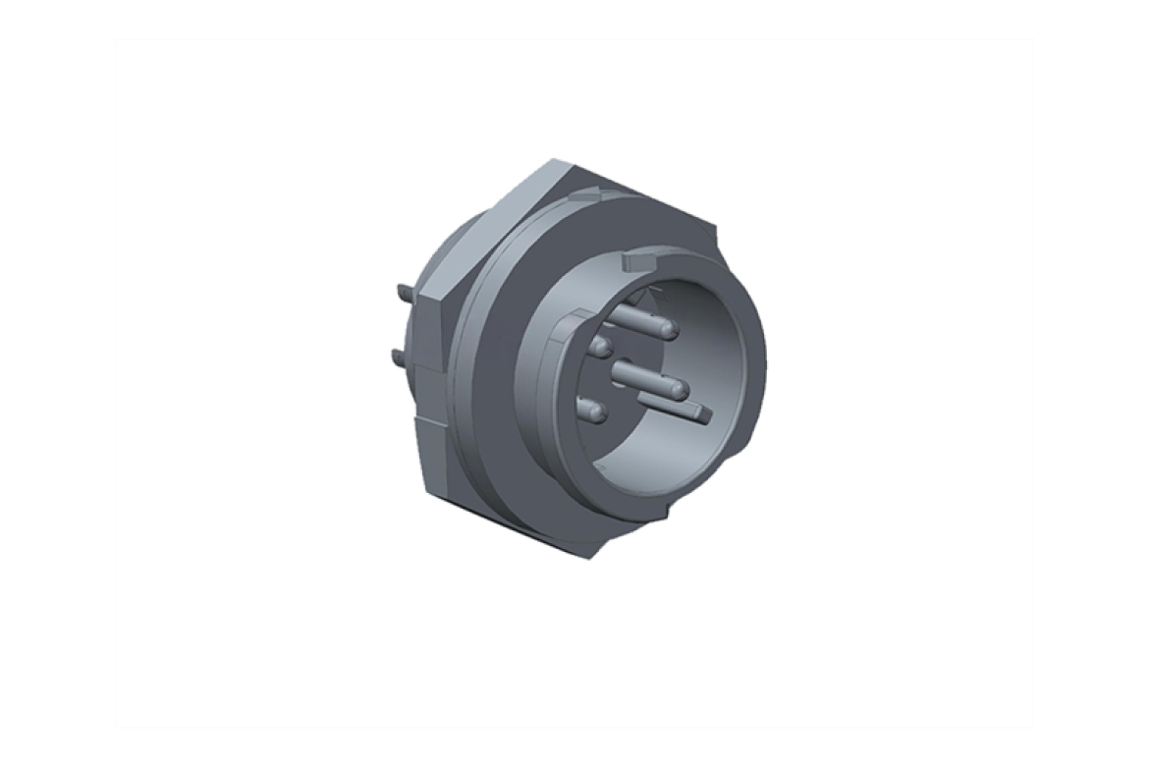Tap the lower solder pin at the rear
[x=398, y=355]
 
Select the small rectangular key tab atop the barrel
[x=638, y=262]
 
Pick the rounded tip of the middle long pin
[x=678, y=391]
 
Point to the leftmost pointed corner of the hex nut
[x=424, y=295]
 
